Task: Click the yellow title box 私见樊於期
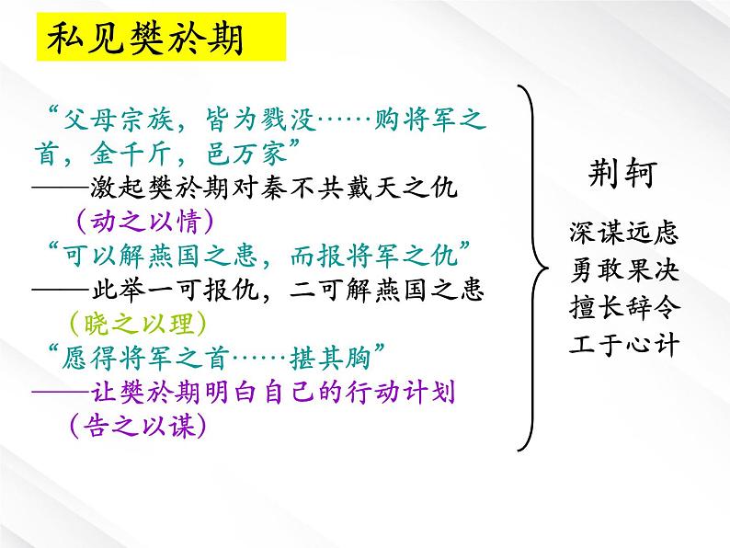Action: coord(161,37)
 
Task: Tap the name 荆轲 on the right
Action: coord(622,174)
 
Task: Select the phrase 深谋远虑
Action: coord(624,232)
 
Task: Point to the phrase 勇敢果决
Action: coord(624,269)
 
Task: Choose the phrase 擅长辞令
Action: coord(624,307)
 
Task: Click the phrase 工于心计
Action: coord(624,345)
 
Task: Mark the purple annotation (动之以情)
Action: coord(144,221)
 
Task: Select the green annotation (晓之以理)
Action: coord(138,323)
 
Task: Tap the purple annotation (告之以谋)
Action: coord(138,426)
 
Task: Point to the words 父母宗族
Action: coord(119,120)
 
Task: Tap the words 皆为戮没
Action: coord(261,120)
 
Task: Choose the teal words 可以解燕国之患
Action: coord(160,255)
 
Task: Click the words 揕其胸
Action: coord(331,358)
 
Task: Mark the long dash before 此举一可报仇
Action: coord(61,290)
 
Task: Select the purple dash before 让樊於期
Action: coord(61,392)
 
